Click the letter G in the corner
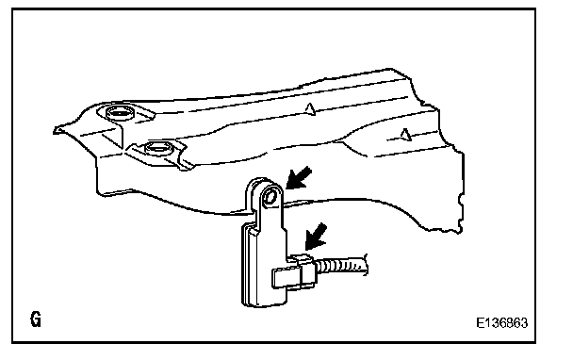(x=36, y=319)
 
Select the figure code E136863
(x=501, y=322)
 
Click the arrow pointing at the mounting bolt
(x=298, y=178)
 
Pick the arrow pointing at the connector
(x=316, y=237)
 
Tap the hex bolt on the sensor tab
(x=270, y=197)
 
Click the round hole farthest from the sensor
(x=119, y=112)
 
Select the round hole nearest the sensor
(x=159, y=148)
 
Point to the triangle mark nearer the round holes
(x=310, y=109)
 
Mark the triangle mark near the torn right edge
(x=405, y=134)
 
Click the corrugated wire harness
(x=342, y=266)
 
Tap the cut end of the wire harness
(x=365, y=265)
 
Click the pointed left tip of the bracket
(x=54, y=131)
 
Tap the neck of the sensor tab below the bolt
(x=271, y=219)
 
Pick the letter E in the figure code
(x=480, y=322)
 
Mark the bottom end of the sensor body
(x=263, y=304)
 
